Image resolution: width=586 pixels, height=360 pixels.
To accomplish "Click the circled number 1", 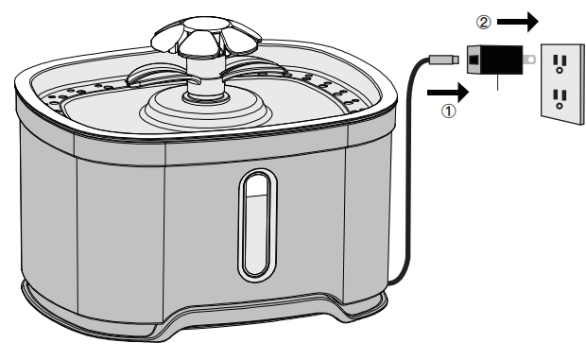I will click(x=451, y=111).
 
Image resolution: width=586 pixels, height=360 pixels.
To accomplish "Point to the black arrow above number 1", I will click(x=449, y=92).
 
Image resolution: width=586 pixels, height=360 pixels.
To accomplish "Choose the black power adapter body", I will click(x=493, y=60).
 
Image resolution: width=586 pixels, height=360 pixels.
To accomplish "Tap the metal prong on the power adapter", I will click(x=526, y=60).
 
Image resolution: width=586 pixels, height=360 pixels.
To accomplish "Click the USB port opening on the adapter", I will click(x=473, y=60).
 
